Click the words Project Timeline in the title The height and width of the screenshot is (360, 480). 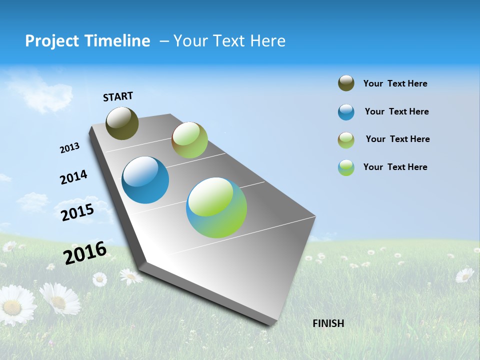pyautogui.click(x=87, y=41)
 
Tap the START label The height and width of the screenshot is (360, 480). pyautogui.click(x=118, y=96)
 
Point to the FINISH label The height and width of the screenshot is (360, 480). pyautogui.click(x=328, y=323)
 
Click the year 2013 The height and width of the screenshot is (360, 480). pyautogui.click(x=69, y=148)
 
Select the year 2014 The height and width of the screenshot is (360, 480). pyautogui.click(x=73, y=177)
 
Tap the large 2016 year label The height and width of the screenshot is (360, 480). pyautogui.click(x=85, y=252)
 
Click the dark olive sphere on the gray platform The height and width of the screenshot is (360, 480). pyautogui.click(x=122, y=123)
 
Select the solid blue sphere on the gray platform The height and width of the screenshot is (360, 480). pyautogui.click(x=145, y=180)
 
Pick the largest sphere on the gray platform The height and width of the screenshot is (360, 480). pyautogui.click(x=216, y=207)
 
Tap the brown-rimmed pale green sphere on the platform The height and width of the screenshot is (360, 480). pyautogui.click(x=189, y=140)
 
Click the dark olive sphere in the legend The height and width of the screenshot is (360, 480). pyautogui.click(x=346, y=83)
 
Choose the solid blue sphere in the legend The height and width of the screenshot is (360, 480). pyautogui.click(x=346, y=112)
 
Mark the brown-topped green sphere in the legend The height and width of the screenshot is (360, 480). pyautogui.click(x=346, y=140)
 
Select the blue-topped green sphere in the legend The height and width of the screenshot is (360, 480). pyautogui.click(x=346, y=167)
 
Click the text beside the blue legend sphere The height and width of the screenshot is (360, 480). pyautogui.click(x=396, y=111)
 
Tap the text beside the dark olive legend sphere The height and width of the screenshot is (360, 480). pyautogui.click(x=395, y=83)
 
